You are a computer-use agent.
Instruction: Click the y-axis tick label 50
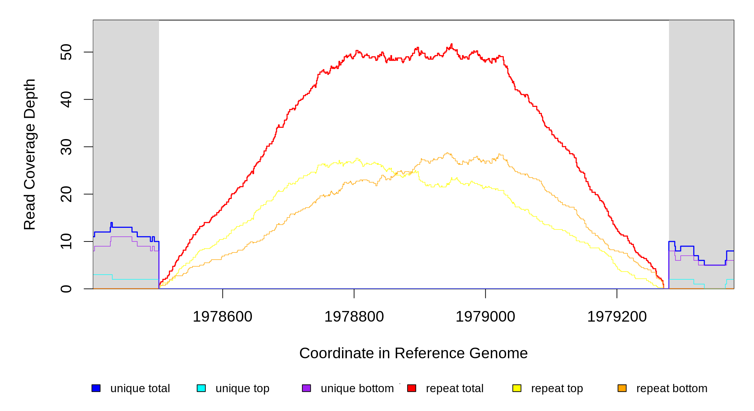pyautogui.click(x=66, y=52)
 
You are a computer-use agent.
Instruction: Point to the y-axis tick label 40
pyautogui.click(x=66, y=99)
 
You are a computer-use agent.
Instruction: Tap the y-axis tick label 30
pyautogui.click(x=66, y=147)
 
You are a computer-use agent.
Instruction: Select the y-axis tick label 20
pyautogui.click(x=66, y=194)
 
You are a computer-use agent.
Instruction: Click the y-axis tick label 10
pyautogui.click(x=66, y=241)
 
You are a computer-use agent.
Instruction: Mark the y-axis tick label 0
pyautogui.click(x=66, y=289)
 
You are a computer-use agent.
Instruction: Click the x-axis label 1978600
pyautogui.click(x=222, y=316)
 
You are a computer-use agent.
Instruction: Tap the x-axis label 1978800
pyautogui.click(x=354, y=316)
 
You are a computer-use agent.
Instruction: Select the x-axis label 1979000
pyautogui.click(x=485, y=316)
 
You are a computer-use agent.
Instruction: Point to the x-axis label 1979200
pyautogui.click(x=617, y=316)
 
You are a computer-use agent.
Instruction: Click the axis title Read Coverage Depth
pyautogui.click(x=30, y=154)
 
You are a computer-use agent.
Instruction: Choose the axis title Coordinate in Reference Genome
pyautogui.click(x=413, y=353)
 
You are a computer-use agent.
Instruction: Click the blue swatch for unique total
pyautogui.click(x=96, y=388)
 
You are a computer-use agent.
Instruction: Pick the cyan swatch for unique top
pyautogui.click(x=201, y=388)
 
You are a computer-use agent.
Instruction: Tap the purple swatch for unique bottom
pyautogui.click(x=306, y=388)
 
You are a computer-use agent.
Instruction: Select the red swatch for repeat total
pyautogui.click(x=412, y=388)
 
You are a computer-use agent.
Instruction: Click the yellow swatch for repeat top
pyautogui.click(x=517, y=388)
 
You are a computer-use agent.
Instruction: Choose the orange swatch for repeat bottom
pyautogui.click(x=622, y=388)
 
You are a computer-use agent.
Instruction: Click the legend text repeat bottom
pyautogui.click(x=672, y=388)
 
